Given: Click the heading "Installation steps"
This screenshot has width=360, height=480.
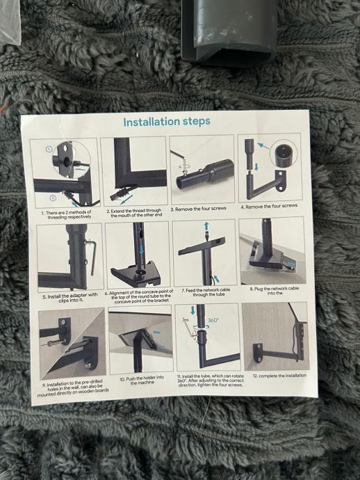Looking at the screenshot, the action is click(167, 122).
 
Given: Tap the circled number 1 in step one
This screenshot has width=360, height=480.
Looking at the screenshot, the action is click(49, 149).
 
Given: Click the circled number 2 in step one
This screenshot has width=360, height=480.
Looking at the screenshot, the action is click(53, 198).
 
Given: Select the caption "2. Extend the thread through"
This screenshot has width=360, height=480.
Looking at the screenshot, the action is click(134, 211).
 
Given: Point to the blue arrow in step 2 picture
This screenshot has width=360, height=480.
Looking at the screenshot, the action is click(126, 200).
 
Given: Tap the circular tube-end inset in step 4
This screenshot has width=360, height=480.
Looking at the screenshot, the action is click(284, 153).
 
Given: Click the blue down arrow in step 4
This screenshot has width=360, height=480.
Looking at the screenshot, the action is click(256, 167).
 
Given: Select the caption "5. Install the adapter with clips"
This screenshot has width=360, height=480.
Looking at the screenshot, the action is click(70, 298).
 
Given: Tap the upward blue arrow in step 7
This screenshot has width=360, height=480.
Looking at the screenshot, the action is click(206, 227).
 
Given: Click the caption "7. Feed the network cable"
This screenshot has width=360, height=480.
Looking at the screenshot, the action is click(206, 290).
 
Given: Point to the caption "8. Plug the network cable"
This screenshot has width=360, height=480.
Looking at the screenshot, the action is click(275, 289).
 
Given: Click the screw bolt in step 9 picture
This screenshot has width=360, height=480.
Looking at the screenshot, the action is click(56, 343).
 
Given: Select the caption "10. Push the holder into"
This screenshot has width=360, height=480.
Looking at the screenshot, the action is click(141, 378).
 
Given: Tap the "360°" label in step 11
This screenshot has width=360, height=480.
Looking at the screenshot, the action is click(213, 320).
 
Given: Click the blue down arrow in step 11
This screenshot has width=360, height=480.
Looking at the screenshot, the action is click(193, 310).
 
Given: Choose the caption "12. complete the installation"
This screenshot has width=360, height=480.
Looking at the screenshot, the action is click(279, 376).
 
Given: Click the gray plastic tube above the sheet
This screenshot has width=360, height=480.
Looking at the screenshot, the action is click(229, 31).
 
